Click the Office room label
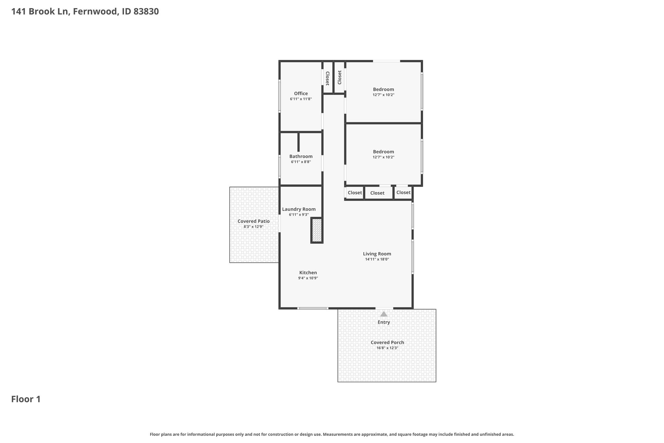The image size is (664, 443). (301, 93)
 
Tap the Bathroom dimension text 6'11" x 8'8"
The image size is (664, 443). (301, 162)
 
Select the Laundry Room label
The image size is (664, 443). (299, 209)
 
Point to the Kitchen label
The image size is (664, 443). (308, 273)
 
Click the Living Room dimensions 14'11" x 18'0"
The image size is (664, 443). (377, 259)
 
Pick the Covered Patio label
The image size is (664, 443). (254, 221)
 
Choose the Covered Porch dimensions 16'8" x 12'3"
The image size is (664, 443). (387, 348)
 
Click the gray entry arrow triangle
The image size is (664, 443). (384, 314)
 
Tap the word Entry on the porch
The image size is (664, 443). (384, 322)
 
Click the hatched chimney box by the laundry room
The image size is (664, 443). (317, 230)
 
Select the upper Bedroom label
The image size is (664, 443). (384, 89)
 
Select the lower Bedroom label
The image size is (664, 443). (384, 152)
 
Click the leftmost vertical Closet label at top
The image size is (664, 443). (327, 78)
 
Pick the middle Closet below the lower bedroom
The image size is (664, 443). (377, 193)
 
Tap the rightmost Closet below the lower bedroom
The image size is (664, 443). (404, 192)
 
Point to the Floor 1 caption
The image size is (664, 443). (26, 399)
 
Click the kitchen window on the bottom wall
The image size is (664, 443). (313, 308)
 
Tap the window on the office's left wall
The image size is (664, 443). (279, 96)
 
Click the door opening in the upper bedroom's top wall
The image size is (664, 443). (386, 61)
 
